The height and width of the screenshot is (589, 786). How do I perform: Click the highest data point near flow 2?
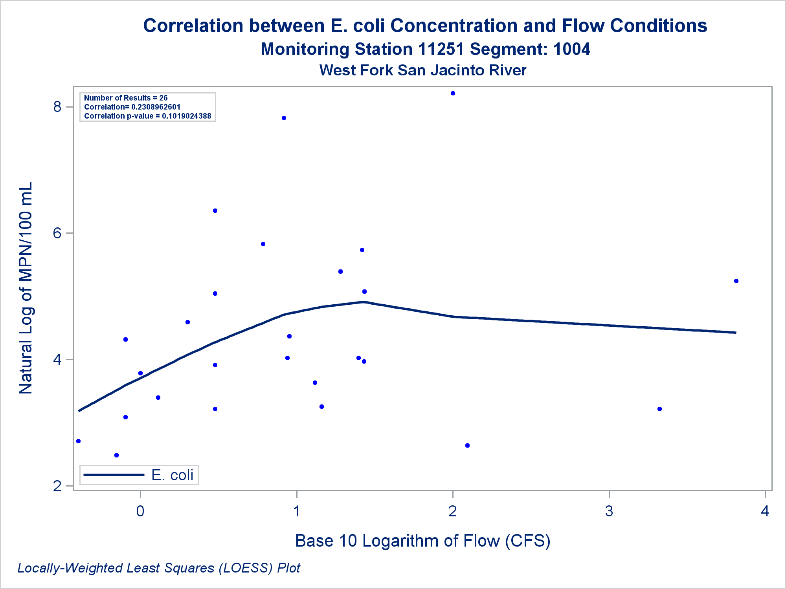point(453,93)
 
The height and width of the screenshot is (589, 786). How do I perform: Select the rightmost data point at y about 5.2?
point(736,281)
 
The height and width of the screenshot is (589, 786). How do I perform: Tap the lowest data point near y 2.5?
point(116,455)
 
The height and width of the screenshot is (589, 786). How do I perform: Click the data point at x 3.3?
point(659,409)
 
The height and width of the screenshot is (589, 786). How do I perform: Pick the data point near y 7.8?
point(284,118)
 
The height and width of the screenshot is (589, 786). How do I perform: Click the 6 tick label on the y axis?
point(58,233)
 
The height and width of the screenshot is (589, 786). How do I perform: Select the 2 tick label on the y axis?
point(58,486)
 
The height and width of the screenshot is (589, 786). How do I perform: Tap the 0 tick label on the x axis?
point(140,511)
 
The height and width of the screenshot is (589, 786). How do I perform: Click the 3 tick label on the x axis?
point(609,511)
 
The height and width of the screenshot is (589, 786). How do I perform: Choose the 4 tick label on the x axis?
point(765,511)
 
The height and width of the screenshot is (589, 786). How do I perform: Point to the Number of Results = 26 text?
point(126,98)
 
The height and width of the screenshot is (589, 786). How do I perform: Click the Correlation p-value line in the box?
point(147,116)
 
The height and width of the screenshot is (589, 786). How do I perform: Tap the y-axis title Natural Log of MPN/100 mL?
point(26,288)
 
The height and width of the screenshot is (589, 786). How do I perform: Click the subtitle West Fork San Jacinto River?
point(422,70)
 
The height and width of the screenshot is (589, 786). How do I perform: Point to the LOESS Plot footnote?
point(159,568)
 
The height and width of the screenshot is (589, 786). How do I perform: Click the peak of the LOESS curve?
point(363,302)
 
